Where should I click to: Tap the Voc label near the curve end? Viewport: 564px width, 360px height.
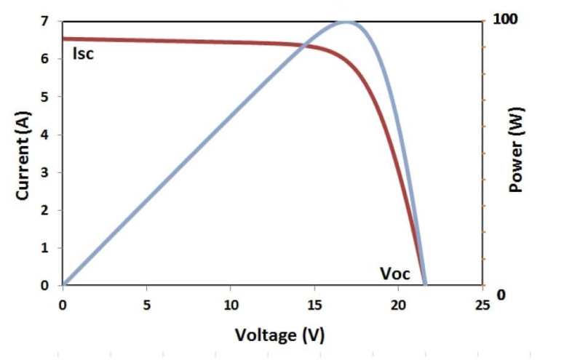point(395,273)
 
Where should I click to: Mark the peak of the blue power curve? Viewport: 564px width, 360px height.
point(346,21)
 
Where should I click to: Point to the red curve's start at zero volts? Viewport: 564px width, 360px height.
point(64,39)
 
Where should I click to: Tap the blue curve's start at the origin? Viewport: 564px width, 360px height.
point(65,284)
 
